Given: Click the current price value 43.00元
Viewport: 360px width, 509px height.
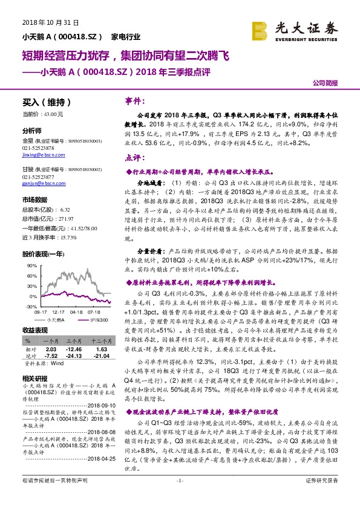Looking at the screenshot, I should [x=51, y=114].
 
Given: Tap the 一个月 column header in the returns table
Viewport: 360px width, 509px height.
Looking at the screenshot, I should [x=51, y=342].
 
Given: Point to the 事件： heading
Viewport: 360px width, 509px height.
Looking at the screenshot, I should [x=133, y=101].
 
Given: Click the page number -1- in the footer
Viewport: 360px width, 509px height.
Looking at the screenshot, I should [x=180, y=497].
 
